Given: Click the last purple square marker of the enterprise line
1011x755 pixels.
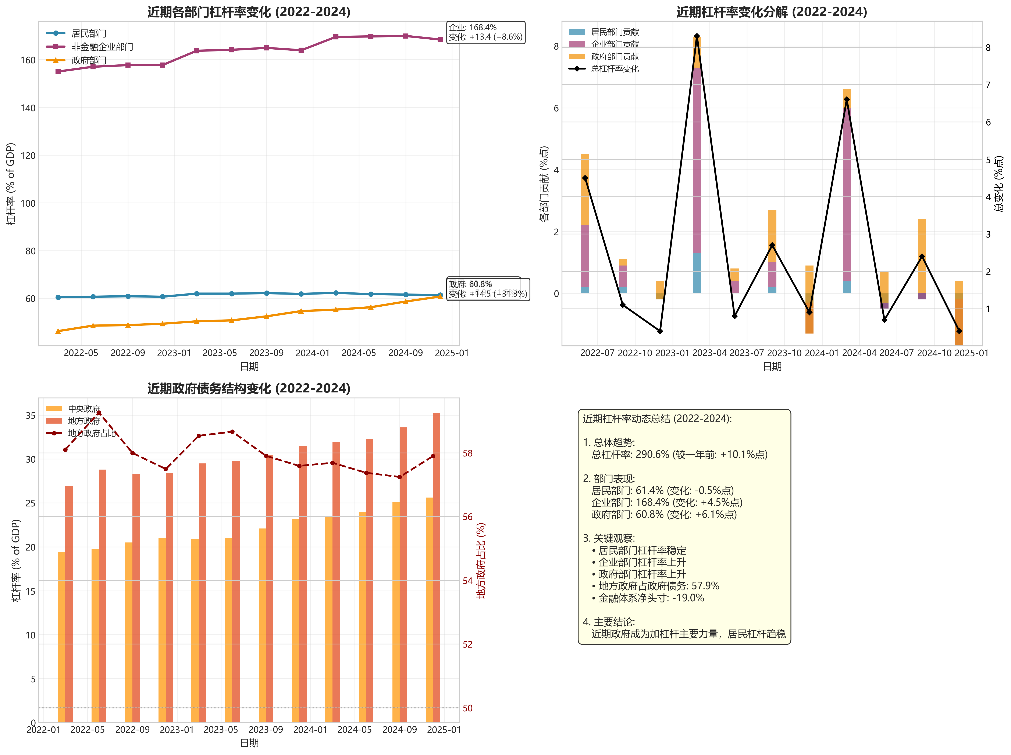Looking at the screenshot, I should tap(440, 40).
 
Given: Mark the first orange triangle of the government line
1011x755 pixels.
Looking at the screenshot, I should tap(58, 331).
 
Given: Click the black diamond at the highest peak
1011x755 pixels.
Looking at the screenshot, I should tap(697, 36).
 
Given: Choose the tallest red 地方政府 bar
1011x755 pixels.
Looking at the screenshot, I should tap(437, 567).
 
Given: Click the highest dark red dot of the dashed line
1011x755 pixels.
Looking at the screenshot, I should tap(99, 413).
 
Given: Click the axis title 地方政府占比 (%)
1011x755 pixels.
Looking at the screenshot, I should tap(481, 561).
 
